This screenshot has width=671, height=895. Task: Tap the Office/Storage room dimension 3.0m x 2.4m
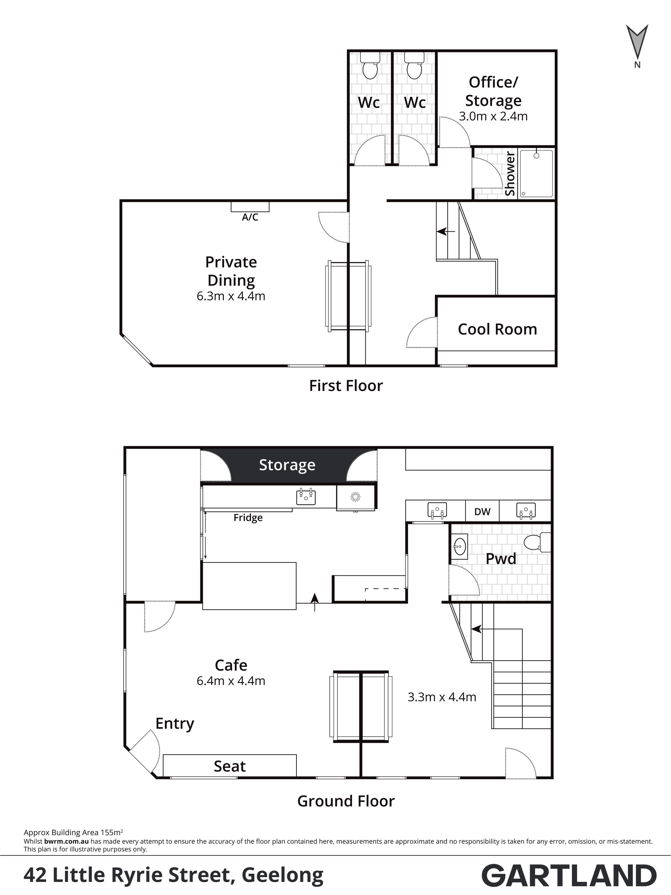coord(493,117)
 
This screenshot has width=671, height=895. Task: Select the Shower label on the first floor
coord(510,174)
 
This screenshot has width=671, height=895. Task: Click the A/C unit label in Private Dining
coord(250,217)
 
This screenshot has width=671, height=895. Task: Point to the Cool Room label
coord(497,329)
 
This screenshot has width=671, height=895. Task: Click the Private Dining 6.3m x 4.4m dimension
coord(231,296)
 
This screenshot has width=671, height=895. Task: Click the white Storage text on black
coord(287,465)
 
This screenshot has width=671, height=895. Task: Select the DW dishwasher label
coord(482,512)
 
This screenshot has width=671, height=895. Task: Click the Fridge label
coord(248,518)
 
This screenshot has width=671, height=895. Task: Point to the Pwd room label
coord(501,559)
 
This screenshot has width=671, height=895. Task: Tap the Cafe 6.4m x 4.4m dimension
coord(231,681)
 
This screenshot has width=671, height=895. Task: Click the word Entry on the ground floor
coord(175,724)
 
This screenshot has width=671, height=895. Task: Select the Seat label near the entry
coord(230,766)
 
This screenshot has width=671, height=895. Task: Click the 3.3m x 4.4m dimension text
coord(442,697)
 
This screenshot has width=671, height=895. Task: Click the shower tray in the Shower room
coord(536,174)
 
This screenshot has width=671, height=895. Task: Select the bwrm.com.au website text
coord(66,841)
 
